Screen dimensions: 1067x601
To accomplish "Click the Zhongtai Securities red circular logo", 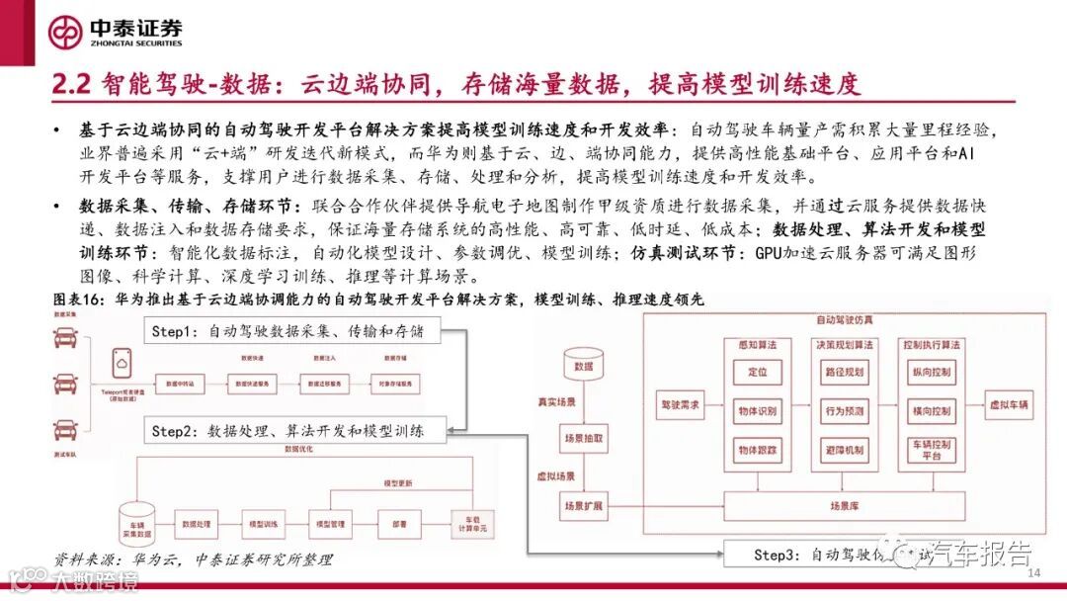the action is (x=66, y=31).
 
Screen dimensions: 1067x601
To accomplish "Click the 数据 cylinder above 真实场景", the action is (x=583, y=364).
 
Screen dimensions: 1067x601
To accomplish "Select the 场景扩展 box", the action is (x=583, y=505).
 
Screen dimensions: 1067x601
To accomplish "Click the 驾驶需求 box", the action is (x=681, y=404).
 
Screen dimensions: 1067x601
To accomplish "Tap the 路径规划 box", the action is (x=843, y=372).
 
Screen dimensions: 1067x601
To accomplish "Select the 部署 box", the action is (x=397, y=522).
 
